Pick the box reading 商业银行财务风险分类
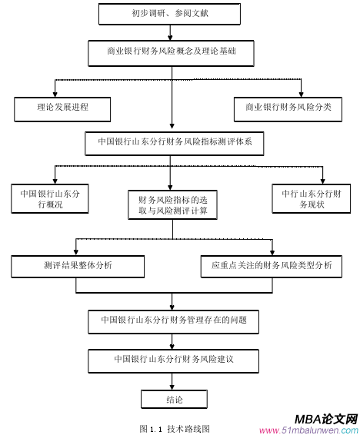(288, 107)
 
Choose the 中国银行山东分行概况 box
(49, 199)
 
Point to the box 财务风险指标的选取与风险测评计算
(172, 204)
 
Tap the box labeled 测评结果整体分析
(77, 266)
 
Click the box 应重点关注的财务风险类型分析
(272, 266)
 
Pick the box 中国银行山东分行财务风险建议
(173, 358)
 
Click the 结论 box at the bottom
(174, 399)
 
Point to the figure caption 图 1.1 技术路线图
(174, 427)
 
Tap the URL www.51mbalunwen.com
(308, 430)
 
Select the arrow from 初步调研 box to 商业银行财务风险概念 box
(171, 34)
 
